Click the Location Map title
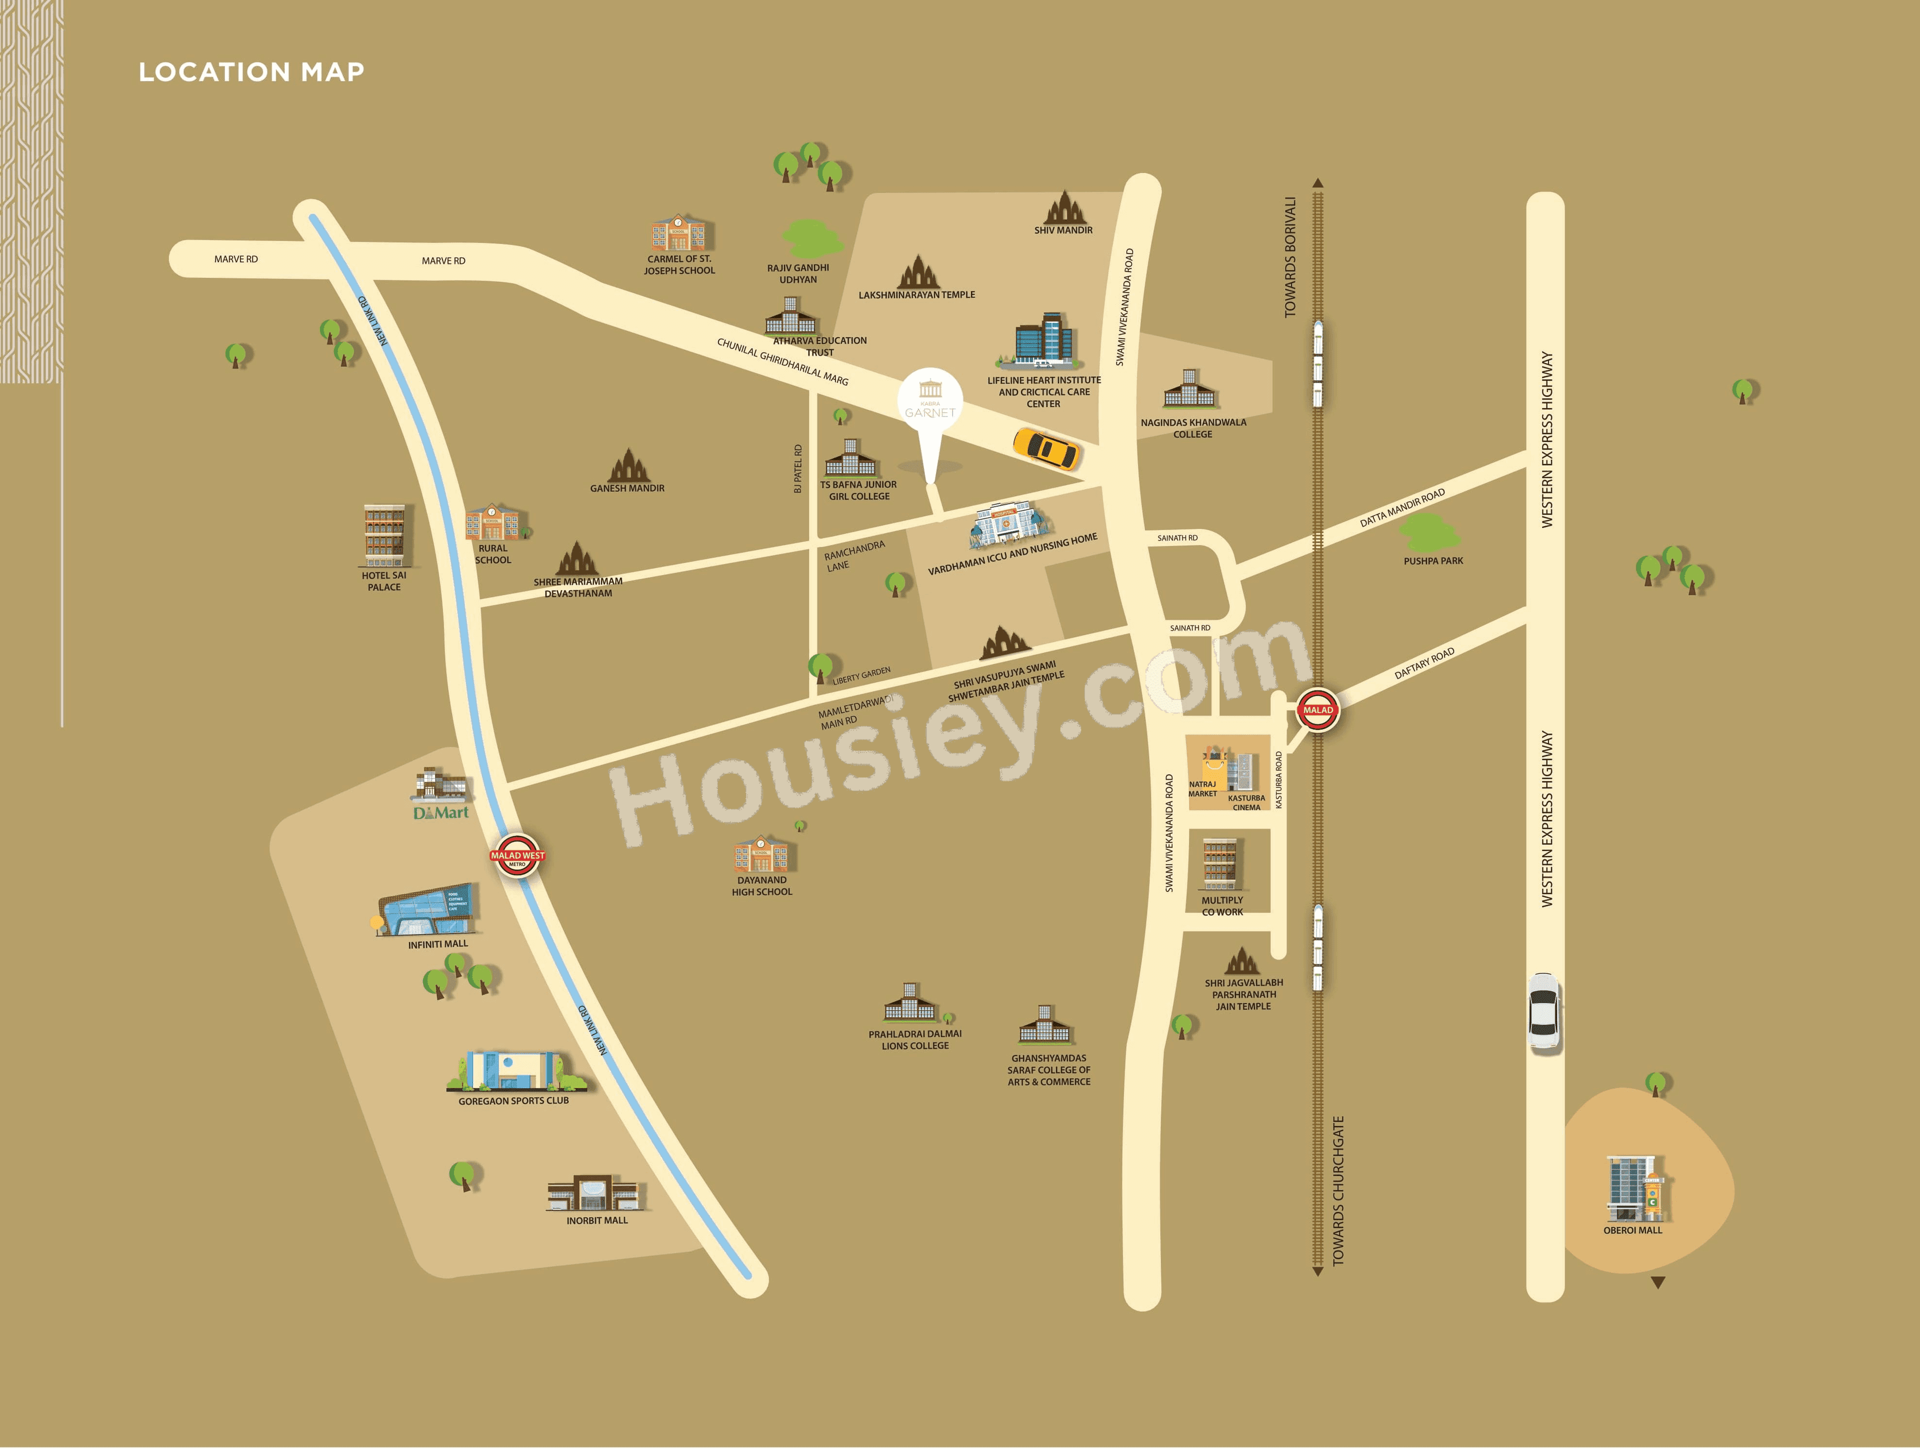coord(251,72)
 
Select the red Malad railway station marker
coord(1317,710)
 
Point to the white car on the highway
coord(1544,1011)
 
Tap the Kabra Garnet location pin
coord(929,408)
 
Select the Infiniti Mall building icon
coord(427,910)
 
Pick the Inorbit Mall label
coord(597,1220)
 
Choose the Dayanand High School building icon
coord(761,854)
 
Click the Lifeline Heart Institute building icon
coord(1044,340)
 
